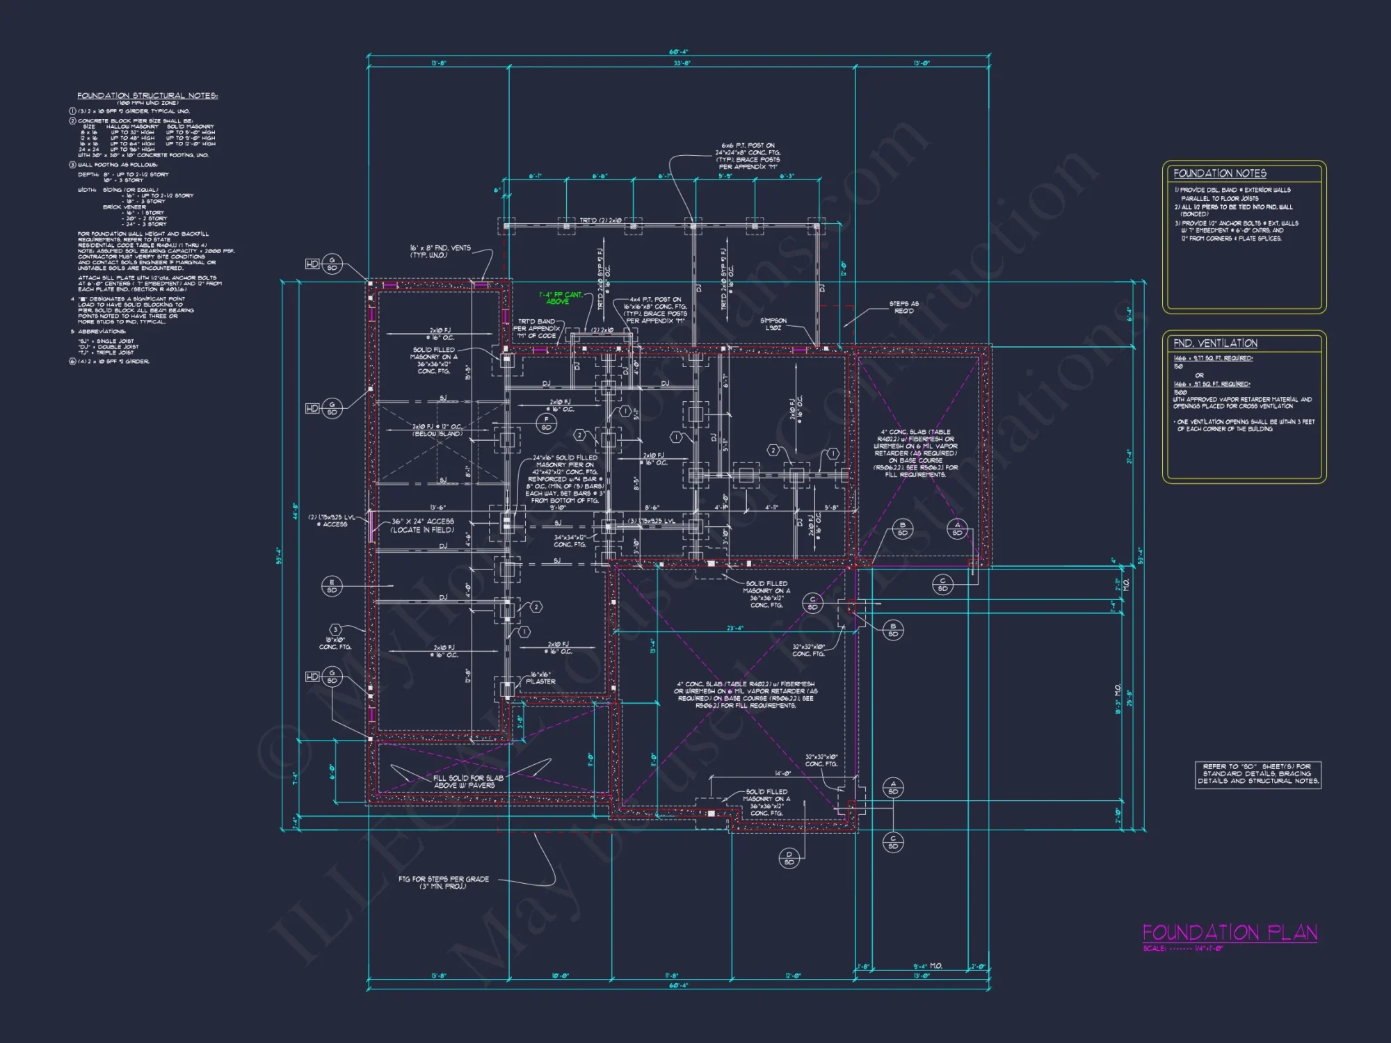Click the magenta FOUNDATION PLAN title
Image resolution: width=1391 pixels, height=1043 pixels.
coord(1230,932)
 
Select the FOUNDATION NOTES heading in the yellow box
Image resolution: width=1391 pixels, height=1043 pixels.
coord(1220,173)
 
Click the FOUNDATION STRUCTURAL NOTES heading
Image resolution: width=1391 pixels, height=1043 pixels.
coord(147,96)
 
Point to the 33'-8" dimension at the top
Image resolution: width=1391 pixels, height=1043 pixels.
coord(682,63)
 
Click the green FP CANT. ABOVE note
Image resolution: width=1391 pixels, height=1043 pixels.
coord(560,298)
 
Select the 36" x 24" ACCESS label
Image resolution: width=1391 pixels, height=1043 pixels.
coord(422,525)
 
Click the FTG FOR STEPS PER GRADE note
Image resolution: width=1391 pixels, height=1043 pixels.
coord(443,882)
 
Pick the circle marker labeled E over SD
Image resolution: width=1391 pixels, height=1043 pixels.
coord(332,586)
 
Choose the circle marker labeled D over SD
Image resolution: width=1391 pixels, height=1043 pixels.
coord(789,858)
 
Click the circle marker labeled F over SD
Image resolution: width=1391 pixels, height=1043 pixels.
coord(546,423)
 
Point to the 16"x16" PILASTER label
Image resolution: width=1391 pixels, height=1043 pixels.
coord(542,678)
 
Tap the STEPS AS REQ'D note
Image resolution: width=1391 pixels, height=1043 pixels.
coord(903,307)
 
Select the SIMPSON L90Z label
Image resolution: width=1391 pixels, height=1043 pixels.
coord(773,324)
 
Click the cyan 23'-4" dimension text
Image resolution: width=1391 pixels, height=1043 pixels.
coord(735,628)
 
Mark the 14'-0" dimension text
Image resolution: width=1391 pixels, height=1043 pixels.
coord(782,773)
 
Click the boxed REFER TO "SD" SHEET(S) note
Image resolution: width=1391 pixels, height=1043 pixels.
coord(1257,774)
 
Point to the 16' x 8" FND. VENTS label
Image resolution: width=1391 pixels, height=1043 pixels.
coord(440,251)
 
